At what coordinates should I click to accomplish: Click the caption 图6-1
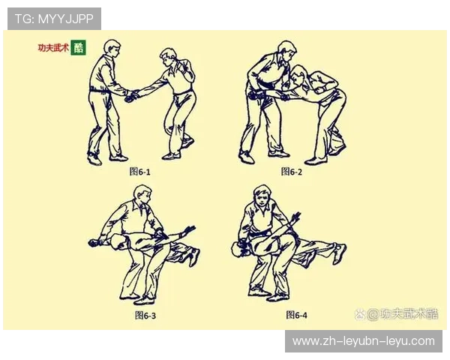(139, 172)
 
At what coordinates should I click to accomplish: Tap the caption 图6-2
(291, 172)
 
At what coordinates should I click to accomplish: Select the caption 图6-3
(145, 315)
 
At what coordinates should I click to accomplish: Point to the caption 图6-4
(296, 315)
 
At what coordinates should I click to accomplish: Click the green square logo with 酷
(78, 47)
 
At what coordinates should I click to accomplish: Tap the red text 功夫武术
(54, 47)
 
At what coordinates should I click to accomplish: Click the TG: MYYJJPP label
(54, 19)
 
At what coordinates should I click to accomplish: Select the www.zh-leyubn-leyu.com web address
(364, 341)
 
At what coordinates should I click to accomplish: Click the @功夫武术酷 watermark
(396, 314)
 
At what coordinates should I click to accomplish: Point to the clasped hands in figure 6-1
(132, 96)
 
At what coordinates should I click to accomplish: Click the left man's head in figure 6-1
(112, 49)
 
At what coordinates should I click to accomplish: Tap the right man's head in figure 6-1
(167, 58)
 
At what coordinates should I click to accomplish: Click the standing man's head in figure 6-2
(288, 50)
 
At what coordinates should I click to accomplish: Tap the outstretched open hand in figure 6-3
(189, 230)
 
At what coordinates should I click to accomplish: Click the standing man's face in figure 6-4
(262, 198)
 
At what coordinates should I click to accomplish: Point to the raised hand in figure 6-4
(295, 217)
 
